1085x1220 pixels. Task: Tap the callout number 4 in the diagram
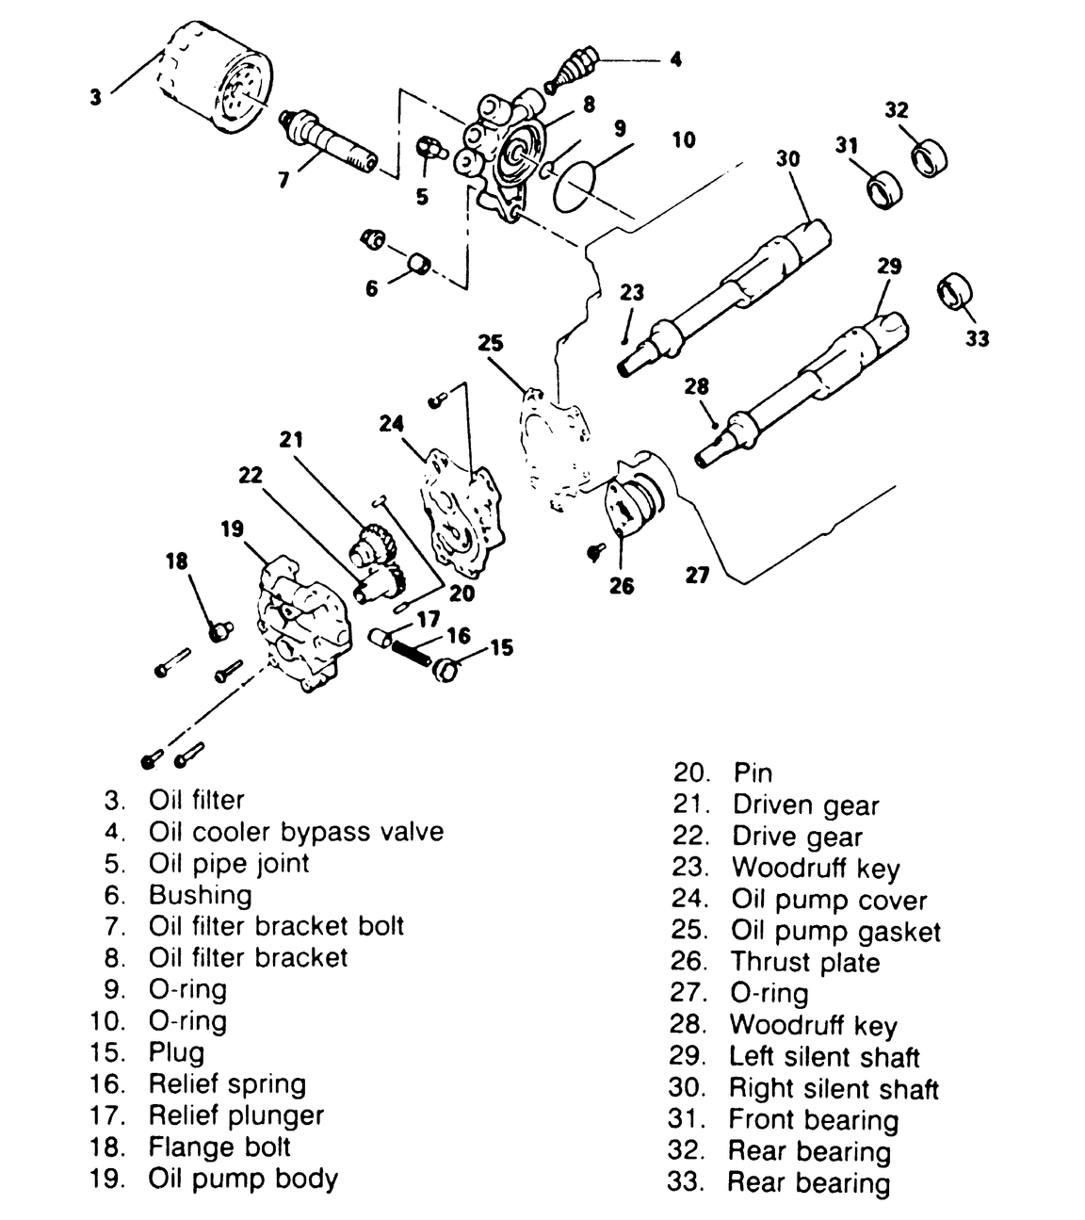[675, 59]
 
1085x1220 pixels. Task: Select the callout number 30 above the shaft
[787, 158]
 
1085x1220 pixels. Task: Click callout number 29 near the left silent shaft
[889, 267]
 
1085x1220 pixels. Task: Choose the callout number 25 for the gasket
[490, 342]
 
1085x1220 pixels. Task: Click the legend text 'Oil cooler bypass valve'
[296, 832]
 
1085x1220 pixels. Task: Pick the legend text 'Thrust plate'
[805, 962]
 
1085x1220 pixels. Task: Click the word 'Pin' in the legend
[753, 773]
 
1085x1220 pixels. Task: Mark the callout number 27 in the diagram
[697, 574]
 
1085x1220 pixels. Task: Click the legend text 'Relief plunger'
[236, 1115]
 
